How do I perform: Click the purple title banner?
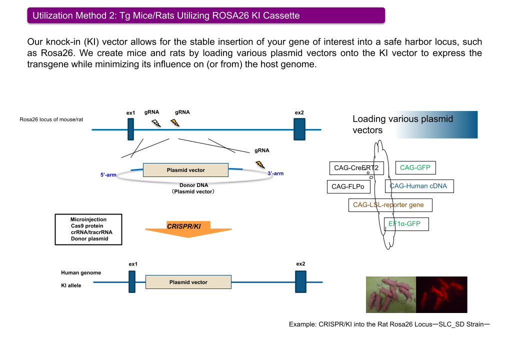206,15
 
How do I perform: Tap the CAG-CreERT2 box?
356,168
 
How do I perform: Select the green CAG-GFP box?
415,168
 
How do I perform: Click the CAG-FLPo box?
348,187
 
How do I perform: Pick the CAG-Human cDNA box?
419,186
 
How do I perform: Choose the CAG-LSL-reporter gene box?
389,205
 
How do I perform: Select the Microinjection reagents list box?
89,229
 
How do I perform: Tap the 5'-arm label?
108,175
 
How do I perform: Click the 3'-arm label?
275,173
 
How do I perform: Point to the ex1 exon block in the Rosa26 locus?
130,129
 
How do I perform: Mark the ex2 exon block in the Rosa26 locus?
299,129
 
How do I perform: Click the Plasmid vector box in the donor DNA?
185,170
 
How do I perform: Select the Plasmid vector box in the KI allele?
188,282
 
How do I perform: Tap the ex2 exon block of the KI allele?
300,281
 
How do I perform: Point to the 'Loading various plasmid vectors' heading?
402,124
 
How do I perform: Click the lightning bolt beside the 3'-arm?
260,164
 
